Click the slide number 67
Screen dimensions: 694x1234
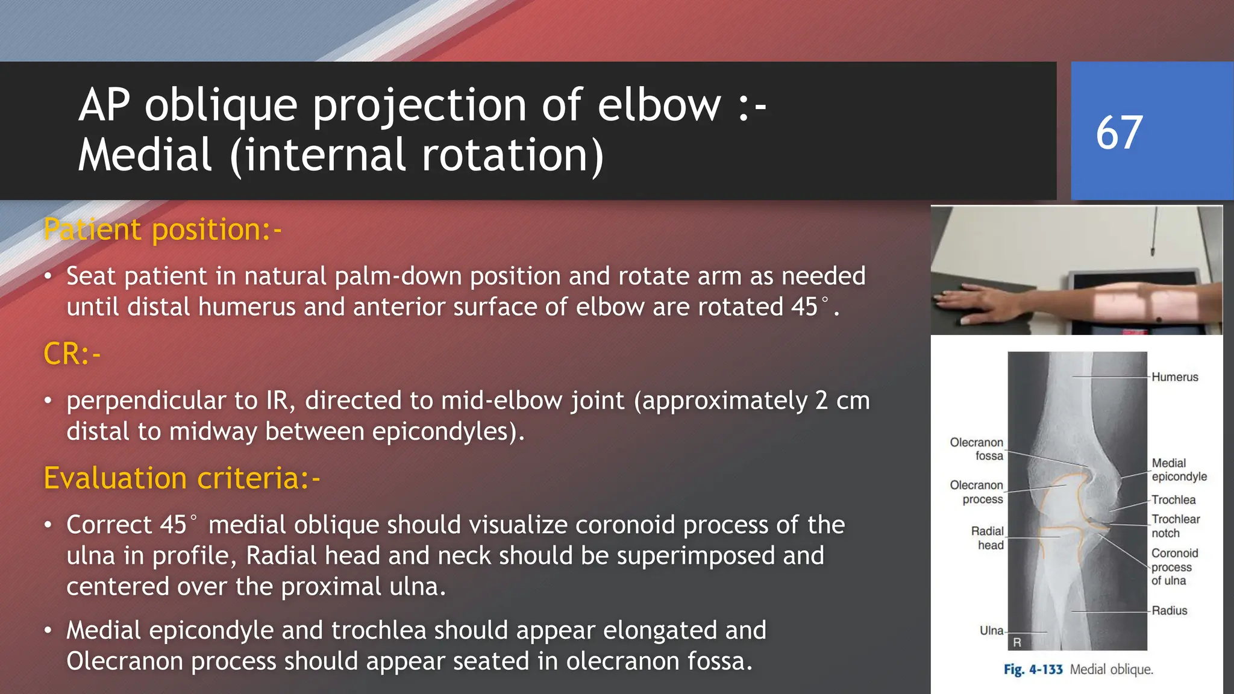1119,133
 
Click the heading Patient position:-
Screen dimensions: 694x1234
163,230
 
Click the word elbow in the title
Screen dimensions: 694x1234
659,105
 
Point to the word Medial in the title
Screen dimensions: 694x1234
145,155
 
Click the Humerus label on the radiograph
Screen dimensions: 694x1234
1174,377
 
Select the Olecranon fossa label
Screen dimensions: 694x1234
977,449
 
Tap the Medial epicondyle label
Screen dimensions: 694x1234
1179,470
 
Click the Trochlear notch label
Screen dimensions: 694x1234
1175,526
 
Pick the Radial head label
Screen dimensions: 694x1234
988,538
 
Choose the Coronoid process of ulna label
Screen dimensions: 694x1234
1174,567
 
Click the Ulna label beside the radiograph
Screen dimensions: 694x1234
991,631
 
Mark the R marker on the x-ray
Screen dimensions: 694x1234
1017,642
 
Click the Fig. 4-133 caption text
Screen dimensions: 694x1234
1033,670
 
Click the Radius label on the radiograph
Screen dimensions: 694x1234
1169,610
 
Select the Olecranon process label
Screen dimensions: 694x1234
977,492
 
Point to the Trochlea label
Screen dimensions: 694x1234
1173,499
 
